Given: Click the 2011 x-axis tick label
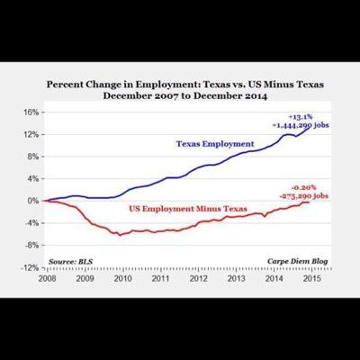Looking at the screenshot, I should click(x=159, y=277).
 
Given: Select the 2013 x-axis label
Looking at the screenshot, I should click(x=235, y=277).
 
